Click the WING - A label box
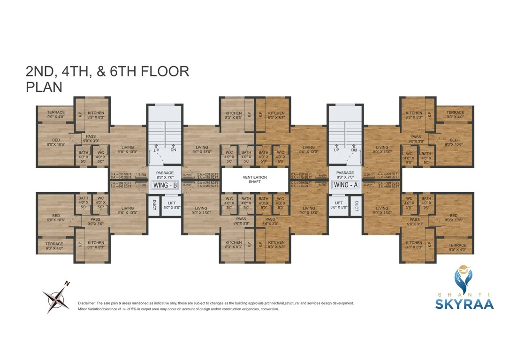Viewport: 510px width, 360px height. tap(345, 185)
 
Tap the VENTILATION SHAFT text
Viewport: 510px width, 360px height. tap(255, 180)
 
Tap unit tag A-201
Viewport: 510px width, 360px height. tap(368, 175)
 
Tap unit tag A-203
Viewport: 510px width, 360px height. tap(322, 185)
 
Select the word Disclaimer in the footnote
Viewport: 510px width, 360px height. tap(87, 303)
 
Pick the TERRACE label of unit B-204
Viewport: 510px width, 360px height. tap(56, 112)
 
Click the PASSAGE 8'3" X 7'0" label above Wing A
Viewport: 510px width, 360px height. tap(345, 175)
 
